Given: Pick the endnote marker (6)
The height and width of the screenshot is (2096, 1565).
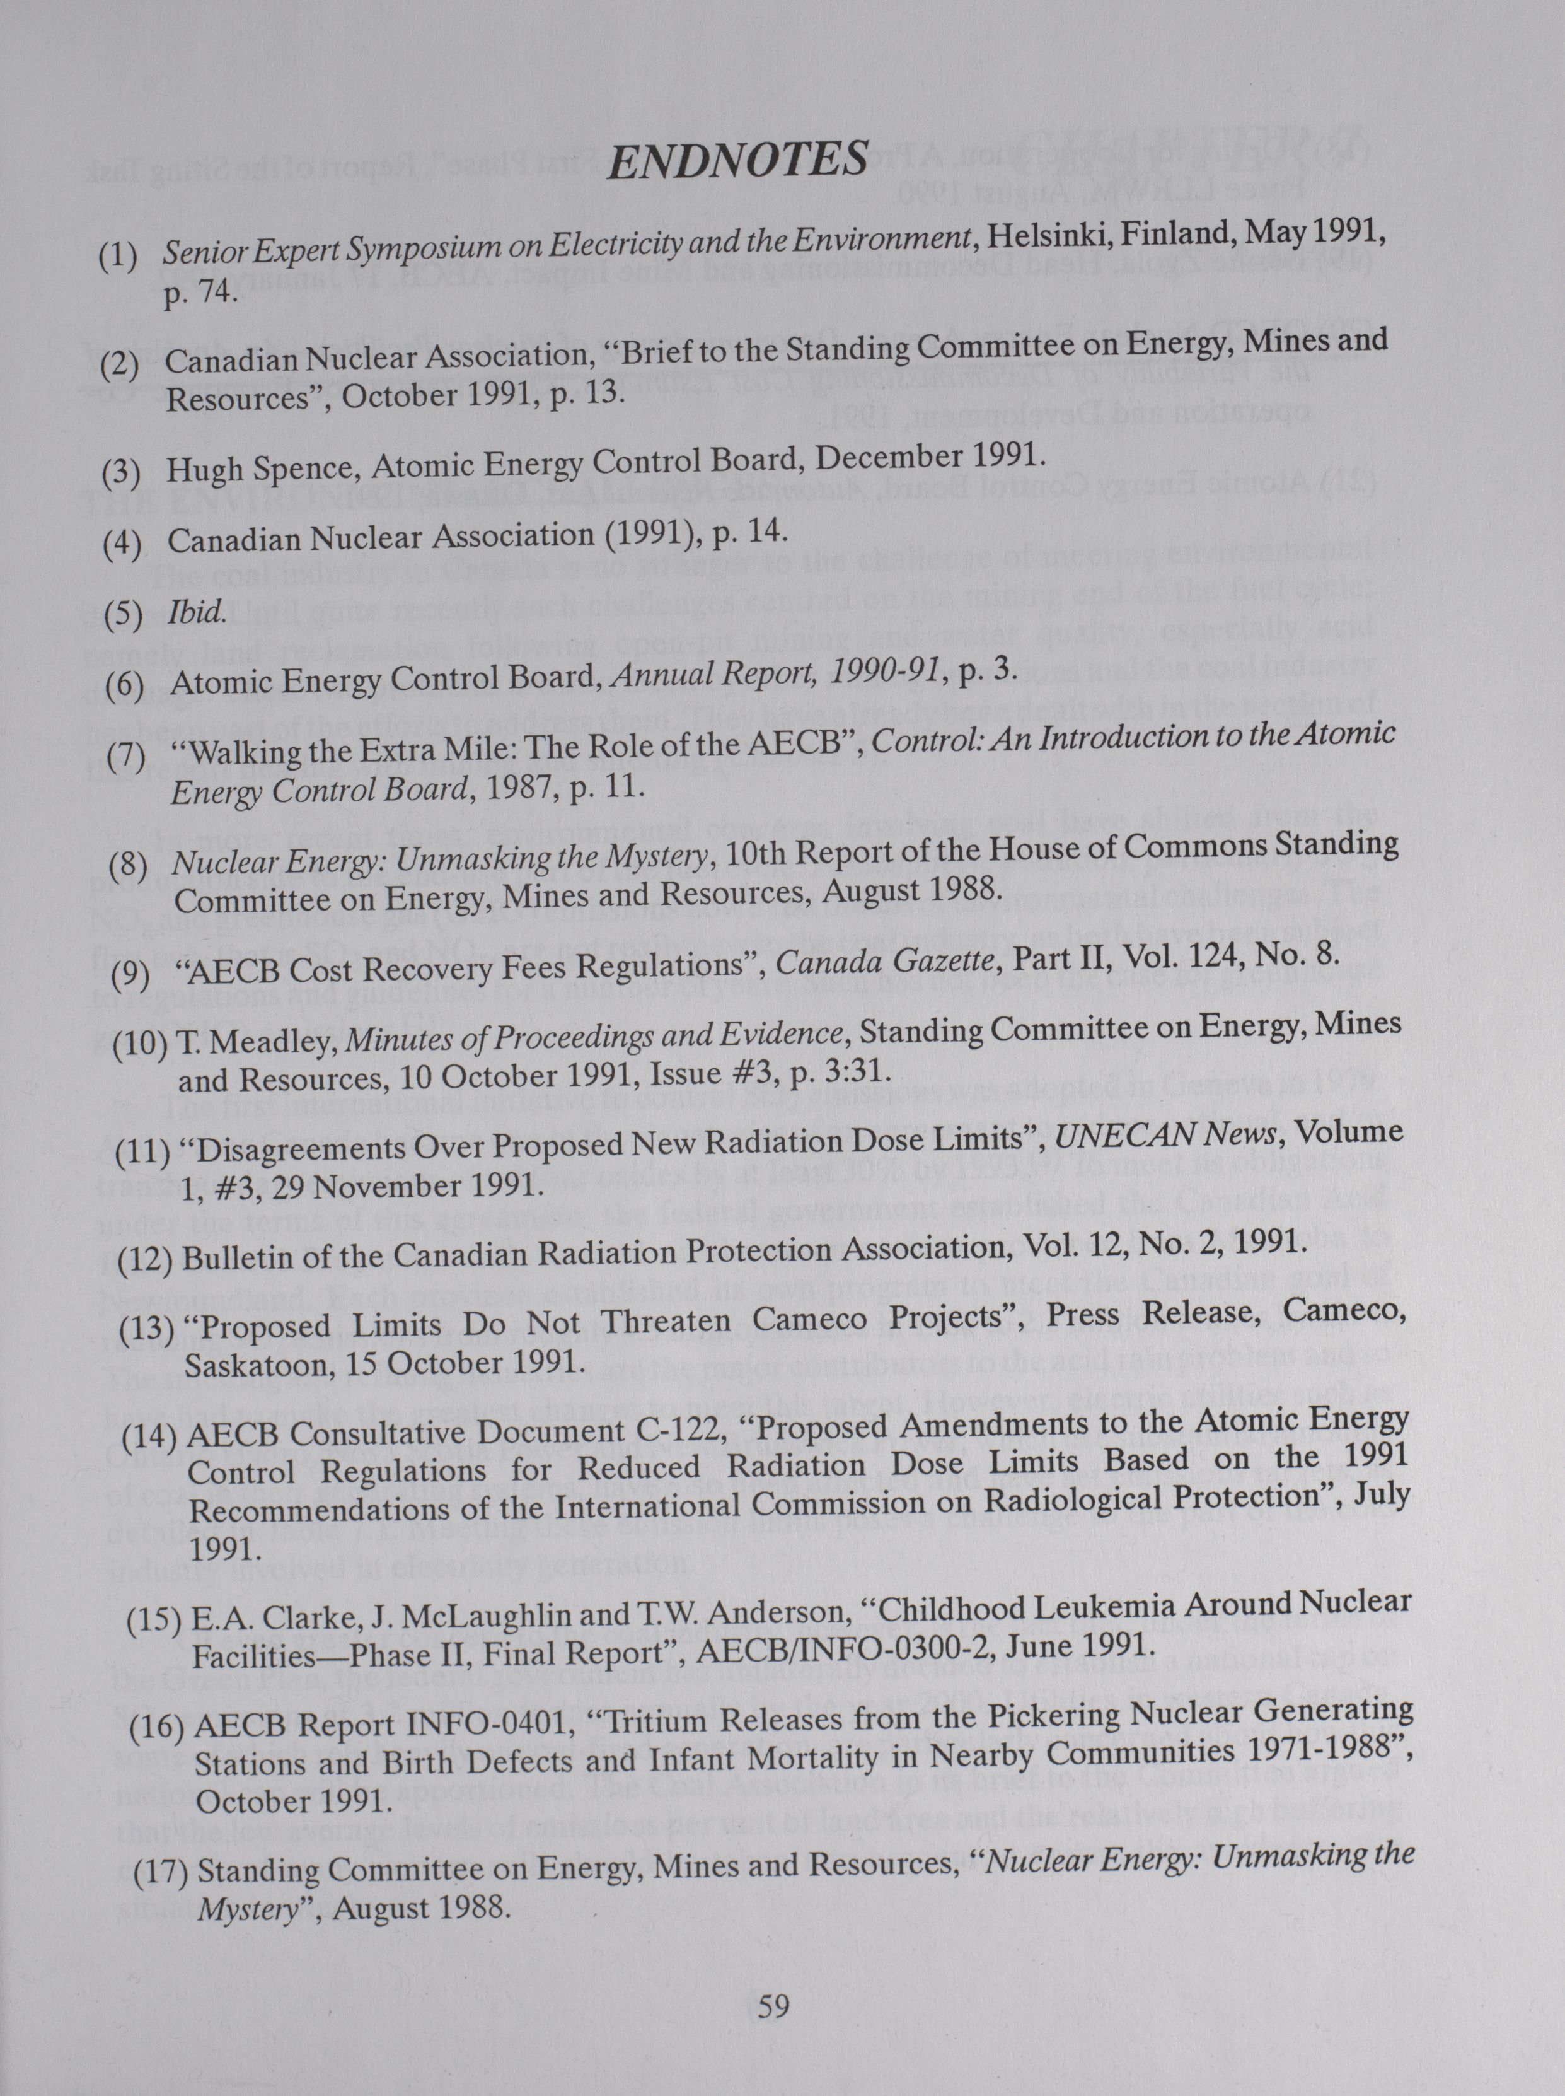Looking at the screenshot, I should pyautogui.click(x=123, y=685).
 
